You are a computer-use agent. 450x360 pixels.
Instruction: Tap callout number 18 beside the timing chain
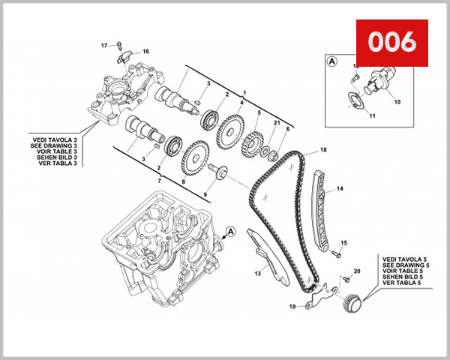[324, 150]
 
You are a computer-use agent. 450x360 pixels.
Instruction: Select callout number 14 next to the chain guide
[340, 188]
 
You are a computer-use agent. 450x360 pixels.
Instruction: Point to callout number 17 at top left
[106, 46]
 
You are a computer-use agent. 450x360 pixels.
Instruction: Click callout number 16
[145, 52]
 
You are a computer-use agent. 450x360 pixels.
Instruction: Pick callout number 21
[277, 122]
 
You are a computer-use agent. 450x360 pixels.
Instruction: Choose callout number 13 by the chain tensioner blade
[257, 274]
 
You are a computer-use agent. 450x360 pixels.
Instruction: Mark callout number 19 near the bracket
[292, 307]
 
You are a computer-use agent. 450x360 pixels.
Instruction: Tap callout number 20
[357, 270]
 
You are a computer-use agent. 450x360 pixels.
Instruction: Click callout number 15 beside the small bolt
[345, 243]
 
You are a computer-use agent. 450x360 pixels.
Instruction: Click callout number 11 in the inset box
[373, 116]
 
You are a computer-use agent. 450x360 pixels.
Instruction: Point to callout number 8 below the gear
[183, 181]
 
